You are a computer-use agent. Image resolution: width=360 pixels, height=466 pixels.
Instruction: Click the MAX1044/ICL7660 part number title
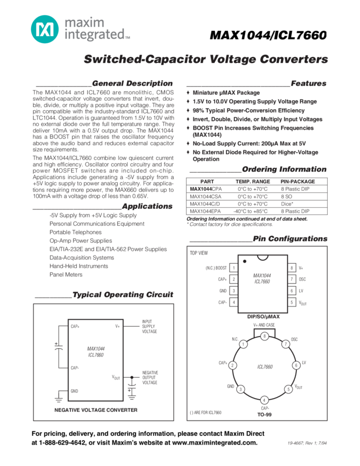coord(268,36)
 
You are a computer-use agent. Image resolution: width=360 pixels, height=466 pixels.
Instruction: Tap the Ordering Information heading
coord(283,169)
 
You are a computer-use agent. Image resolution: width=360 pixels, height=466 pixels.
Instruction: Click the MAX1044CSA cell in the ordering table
coord(205,196)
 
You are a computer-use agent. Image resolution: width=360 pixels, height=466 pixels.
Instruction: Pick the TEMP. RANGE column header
coord(253,181)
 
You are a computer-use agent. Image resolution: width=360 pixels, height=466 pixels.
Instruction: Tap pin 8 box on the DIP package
coord(292,268)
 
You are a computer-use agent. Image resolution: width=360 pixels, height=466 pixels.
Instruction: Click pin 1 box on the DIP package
coord(234,268)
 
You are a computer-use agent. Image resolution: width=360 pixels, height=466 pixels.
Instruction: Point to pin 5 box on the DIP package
coord(292,302)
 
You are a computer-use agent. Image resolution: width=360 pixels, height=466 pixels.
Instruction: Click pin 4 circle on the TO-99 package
coord(264,400)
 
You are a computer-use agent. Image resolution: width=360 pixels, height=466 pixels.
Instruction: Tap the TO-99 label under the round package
coord(264,414)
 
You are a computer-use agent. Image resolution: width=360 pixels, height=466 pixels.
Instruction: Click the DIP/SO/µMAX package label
coord(264,316)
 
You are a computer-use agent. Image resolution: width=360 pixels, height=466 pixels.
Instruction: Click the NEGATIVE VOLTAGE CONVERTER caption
coord(96,410)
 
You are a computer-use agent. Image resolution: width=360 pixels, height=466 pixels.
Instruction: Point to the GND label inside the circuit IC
coord(75,391)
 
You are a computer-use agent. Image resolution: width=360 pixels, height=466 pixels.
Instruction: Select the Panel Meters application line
coord(66,275)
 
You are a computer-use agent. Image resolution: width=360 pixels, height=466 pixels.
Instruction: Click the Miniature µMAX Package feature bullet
coord(226,93)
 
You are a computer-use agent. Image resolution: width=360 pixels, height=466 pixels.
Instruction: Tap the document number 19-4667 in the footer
coord(299,444)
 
